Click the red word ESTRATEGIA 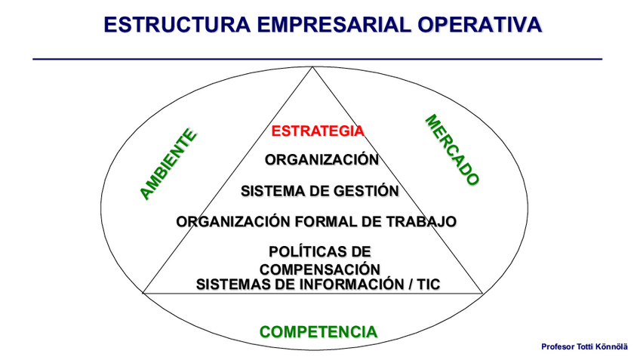coord(318,131)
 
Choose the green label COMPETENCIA coord(318,331)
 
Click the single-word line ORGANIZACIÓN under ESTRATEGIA coord(322,159)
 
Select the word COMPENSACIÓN coord(319,269)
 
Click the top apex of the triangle coord(313,68)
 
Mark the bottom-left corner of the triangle coord(143,292)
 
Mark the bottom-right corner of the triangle coord(482,292)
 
